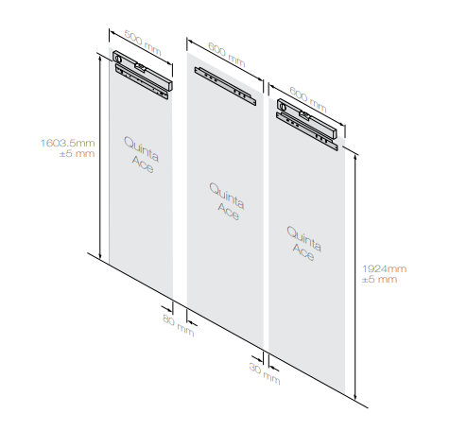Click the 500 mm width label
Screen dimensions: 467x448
coord(143,43)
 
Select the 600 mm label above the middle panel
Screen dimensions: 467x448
coord(227,55)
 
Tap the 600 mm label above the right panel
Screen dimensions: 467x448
coord(308,100)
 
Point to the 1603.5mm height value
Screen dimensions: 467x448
coord(67,143)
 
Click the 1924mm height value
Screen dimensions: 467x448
coord(384,268)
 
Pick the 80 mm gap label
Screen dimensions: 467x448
coord(178,325)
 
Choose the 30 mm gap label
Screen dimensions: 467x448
coord(265,373)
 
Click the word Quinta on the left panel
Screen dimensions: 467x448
coord(141,149)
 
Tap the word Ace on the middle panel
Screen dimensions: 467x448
coord(229,212)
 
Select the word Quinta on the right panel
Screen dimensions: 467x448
coord(304,239)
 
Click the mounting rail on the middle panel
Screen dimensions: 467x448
coord(225,86)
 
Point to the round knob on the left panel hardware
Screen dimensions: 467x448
coord(118,59)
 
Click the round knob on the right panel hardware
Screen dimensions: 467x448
coord(283,106)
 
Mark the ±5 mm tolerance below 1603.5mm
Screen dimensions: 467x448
coord(77,154)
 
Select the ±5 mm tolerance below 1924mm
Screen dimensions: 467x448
coord(379,279)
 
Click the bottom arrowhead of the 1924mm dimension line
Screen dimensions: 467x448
coord(355,397)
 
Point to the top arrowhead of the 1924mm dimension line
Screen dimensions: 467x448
coord(355,157)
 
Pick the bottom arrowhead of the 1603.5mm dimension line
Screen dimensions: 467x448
coord(100,257)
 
